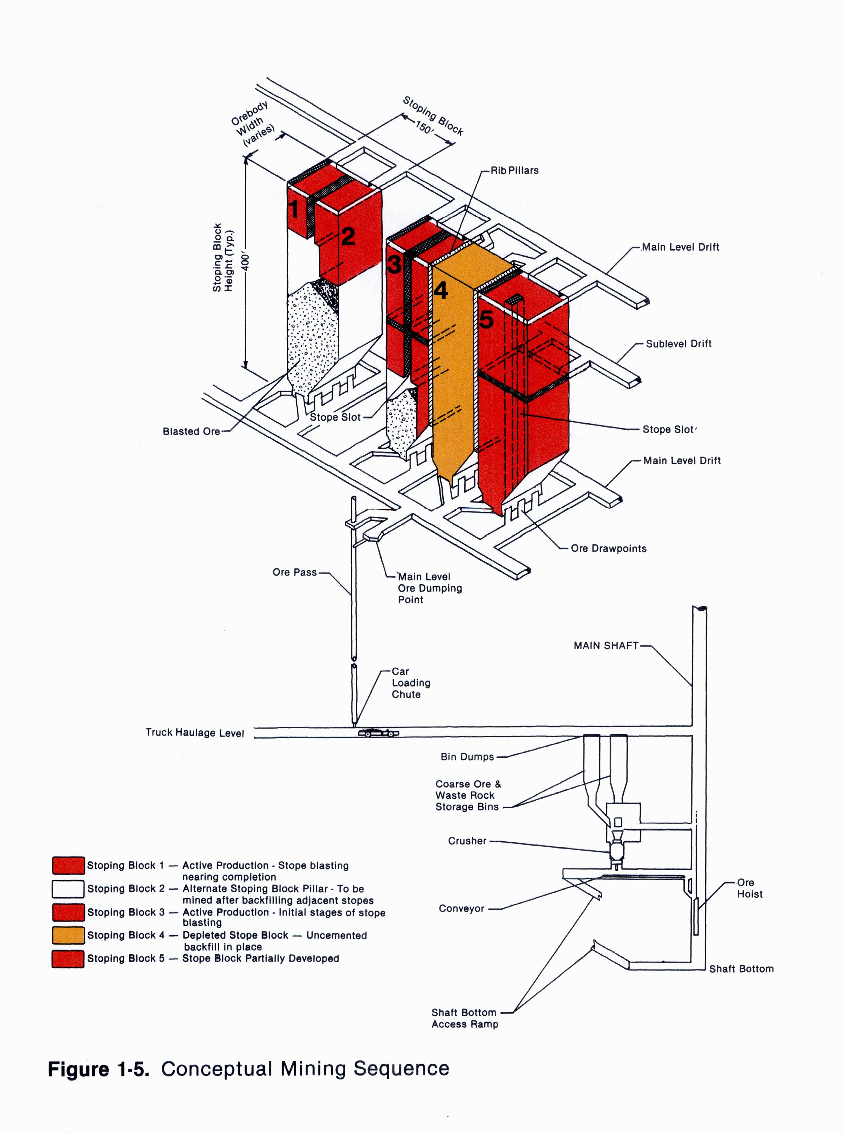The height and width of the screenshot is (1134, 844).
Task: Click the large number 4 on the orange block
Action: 441,291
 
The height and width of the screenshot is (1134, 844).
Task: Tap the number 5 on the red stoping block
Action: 486,319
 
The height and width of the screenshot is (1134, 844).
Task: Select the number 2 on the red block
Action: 348,237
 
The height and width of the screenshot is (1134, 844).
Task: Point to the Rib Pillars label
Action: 514,171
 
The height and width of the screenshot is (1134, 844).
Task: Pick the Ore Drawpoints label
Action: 608,549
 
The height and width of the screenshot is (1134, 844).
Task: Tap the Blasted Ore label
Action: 191,432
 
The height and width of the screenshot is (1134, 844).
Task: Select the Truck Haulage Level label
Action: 195,732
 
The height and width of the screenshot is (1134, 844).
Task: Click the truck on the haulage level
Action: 378,733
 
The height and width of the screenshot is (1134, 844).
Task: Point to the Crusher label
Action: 467,841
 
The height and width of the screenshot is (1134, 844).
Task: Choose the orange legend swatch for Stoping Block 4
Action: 68,935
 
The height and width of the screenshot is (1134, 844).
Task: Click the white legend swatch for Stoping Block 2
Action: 68,889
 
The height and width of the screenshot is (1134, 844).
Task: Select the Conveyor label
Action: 461,909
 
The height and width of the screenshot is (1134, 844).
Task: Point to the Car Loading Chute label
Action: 411,683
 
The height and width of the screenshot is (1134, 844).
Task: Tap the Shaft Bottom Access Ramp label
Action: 464,1018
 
